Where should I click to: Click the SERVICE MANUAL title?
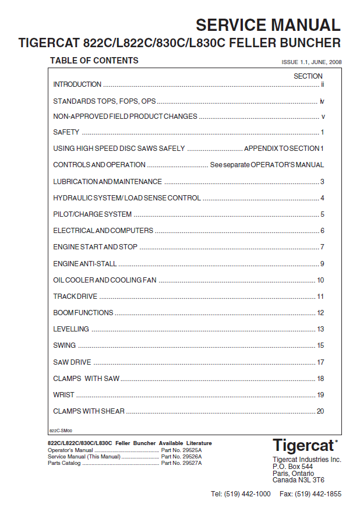267,25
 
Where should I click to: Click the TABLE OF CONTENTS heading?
94,61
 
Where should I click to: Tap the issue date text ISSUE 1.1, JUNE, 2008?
312,62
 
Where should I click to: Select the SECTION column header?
308,76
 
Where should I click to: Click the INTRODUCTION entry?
77,84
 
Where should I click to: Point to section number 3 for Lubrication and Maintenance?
322,182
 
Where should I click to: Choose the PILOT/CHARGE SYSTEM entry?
93,214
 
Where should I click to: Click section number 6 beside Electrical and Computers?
322,231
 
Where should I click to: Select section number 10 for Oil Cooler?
320,280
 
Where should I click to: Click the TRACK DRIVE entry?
75,297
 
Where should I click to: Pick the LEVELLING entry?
71,329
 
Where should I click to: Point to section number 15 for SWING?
320,345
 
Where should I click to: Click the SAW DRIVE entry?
72,362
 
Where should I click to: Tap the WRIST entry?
63,395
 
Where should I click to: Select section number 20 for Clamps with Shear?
320,411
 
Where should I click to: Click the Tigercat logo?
305,446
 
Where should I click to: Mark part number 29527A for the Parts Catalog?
182,463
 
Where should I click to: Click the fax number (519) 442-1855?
310,494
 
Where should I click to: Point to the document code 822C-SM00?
61,432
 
